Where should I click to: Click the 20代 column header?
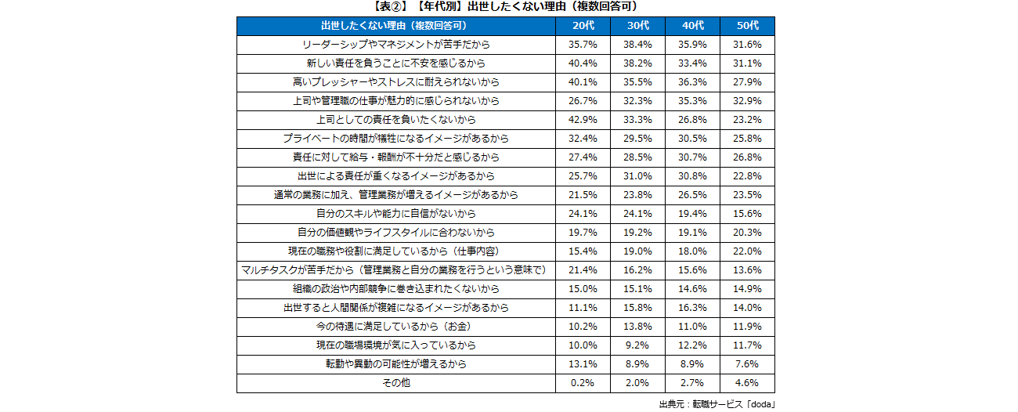[x=583, y=26]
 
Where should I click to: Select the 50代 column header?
[x=747, y=26]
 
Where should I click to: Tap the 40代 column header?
[x=692, y=26]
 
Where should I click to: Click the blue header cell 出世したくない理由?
[x=395, y=26]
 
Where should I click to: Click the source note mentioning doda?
[x=717, y=404]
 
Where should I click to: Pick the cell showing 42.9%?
[x=583, y=120]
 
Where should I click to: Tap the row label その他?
[x=395, y=383]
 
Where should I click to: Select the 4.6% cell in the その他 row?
[x=747, y=383]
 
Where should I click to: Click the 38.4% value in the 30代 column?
[x=637, y=45]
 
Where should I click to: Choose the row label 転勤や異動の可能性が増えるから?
[x=395, y=364]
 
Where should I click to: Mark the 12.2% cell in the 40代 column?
[x=692, y=345]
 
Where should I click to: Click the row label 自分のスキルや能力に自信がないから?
[x=395, y=214]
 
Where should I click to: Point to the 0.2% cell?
[x=583, y=383]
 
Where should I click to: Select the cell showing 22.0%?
[x=747, y=251]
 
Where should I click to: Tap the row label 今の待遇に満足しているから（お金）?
[x=395, y=327]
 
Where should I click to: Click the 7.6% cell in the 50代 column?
[x=747, y=364]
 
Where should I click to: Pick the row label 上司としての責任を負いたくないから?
[x=395, y=120]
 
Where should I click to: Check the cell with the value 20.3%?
[x=747, y=233]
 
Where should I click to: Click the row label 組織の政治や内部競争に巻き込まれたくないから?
[x=395, y=289]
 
